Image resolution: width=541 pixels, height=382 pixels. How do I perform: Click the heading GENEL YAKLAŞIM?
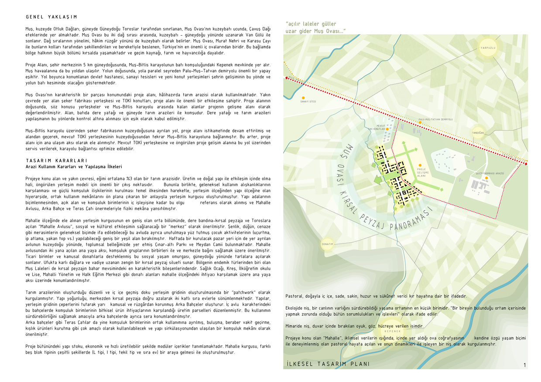tap(51, 17)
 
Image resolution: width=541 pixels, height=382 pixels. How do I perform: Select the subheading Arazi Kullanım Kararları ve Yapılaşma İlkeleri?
tap(74, 166)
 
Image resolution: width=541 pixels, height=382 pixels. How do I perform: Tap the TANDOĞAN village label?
tap(478, 132)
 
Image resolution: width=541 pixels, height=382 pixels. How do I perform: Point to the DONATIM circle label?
tap(328, 244)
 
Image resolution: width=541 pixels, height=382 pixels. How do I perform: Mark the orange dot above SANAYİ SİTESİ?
tap(303, 98)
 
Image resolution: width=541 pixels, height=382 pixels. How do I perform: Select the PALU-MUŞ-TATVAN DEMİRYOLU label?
tap(435, 119)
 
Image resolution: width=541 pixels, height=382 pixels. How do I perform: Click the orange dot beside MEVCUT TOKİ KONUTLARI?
tap(387, 129)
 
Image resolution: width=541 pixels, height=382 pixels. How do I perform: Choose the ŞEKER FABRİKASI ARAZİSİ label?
tap(490, 173)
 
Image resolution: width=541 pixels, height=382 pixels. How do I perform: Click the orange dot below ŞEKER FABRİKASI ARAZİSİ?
tap(486, 178)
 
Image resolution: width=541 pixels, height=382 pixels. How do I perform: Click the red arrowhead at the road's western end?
tap(287, 78)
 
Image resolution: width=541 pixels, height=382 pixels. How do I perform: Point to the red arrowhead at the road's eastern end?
tap(525, 162)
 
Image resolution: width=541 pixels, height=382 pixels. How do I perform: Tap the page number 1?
tap(524, 365)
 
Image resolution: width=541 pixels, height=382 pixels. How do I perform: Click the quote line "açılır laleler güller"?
tap(311, 24)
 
